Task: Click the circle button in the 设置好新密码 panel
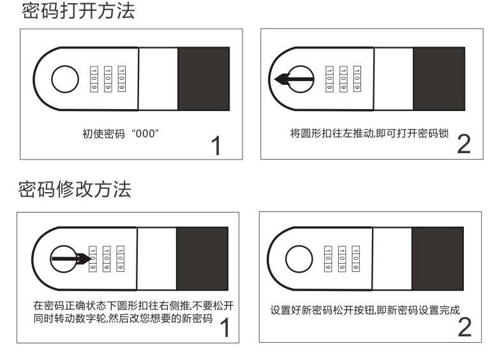coord(298,259)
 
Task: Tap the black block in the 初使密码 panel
coord(203,79)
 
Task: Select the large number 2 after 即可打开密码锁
coord(463,144)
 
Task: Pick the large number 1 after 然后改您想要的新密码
coord(224,328)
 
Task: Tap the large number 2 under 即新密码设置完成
coord(464,327)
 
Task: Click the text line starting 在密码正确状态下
coord(133,305)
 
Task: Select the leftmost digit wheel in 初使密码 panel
coord(93,79)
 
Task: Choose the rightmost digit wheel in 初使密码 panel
coord(122,79)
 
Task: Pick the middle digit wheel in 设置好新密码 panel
coord(342,259)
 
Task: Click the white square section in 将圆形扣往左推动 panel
coord(392,79)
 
